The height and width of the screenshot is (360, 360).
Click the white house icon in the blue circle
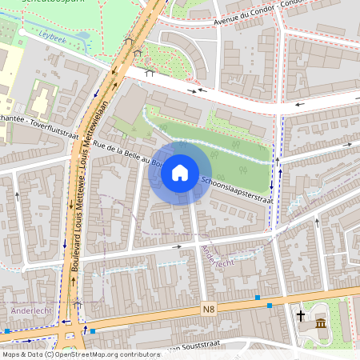180,172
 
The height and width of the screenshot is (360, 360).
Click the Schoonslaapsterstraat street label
232,190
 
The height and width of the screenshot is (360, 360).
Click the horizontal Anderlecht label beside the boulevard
30,310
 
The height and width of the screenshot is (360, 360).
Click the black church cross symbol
302,315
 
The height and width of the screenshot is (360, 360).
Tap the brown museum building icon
320,323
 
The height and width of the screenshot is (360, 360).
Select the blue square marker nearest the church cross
270,305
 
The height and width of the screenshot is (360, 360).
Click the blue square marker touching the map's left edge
6,330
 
